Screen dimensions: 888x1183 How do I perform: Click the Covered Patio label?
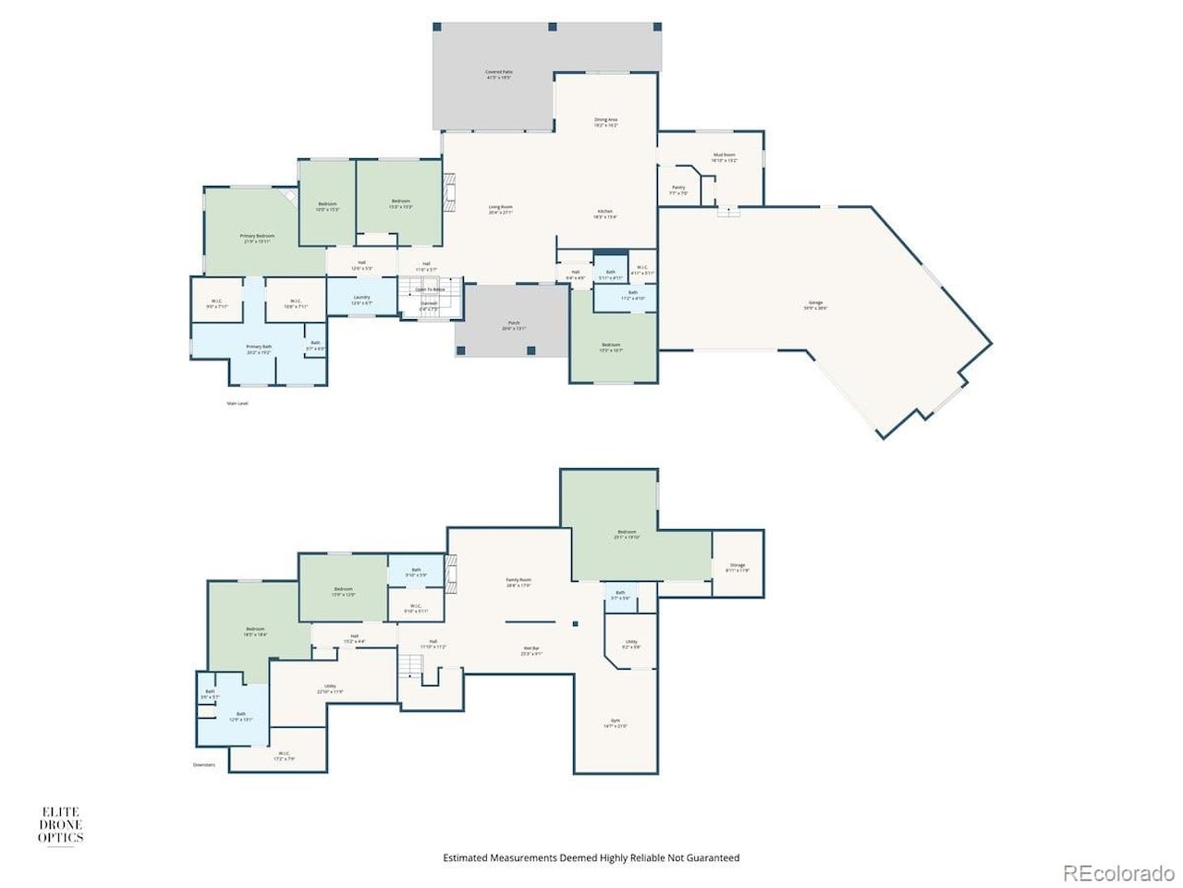499,74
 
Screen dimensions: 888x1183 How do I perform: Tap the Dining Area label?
605,121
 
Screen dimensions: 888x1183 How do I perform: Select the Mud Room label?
724,157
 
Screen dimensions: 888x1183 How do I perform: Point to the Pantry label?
678,190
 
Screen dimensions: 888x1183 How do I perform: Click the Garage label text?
815,304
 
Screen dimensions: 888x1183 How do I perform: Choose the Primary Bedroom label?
257,238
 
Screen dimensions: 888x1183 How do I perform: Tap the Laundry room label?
361,299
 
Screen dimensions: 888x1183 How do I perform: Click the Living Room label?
500,209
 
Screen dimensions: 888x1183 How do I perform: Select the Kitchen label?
604,213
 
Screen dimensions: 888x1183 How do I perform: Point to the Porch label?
514,325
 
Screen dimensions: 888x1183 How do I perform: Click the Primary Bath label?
259,349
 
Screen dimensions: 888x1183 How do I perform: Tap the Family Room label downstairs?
518,582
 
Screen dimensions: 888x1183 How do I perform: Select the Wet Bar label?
531,650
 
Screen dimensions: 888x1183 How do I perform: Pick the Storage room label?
738,566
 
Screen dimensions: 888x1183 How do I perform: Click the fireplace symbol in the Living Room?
450,195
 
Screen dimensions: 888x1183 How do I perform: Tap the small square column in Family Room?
575,623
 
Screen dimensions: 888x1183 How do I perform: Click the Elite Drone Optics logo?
60,825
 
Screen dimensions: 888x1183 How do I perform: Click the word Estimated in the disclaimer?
466,858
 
